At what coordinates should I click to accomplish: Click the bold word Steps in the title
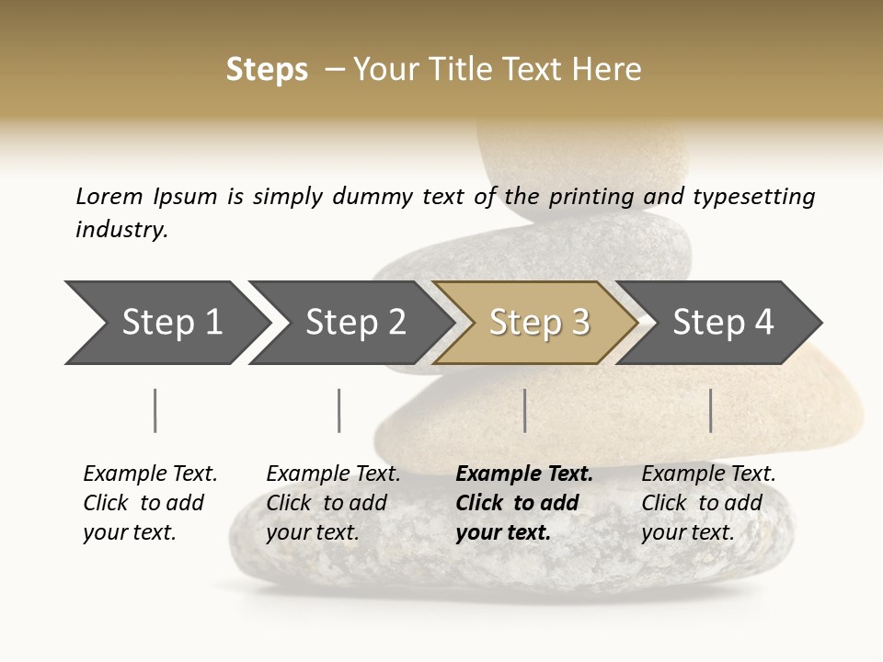tap(267, 70)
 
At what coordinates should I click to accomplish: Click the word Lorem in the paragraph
tap(109, 197)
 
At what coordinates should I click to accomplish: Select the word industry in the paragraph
tap(120, 229)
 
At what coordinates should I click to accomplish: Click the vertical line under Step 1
tap(155, 410)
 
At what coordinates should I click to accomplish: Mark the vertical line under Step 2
tap(339, 410)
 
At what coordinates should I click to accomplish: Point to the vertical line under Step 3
tap(524, 410)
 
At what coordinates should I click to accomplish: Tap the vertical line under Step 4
tap(710, 410)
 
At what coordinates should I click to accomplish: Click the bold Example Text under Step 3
tap(524, 474)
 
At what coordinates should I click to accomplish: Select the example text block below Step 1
tap(150, 503)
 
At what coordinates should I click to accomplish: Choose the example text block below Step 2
tap(333, 503)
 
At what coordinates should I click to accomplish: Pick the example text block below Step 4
tap(708, 503)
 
